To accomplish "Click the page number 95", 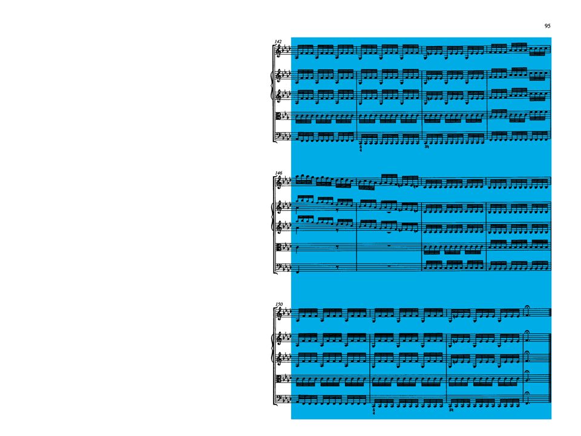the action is [547, 25].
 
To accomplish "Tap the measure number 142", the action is [278, 42].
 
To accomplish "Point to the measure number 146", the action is [278, 173].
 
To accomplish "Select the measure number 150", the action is [278, 305].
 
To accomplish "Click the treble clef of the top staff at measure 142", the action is [278, 50].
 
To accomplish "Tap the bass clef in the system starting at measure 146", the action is [279, 266].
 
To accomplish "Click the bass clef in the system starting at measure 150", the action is [279, 398].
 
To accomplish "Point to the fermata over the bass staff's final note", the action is [527, 393].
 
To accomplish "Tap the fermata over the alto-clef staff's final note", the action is [527, 372].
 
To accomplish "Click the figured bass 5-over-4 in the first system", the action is [361, 148].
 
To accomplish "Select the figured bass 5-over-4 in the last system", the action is [373, 411].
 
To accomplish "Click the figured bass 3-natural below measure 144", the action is [427, 147].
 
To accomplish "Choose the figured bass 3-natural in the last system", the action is [451, 410].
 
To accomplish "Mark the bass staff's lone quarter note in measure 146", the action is [297, 269].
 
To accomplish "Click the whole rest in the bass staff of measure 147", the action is [389, 266].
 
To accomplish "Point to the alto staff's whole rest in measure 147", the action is [389, 246].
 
